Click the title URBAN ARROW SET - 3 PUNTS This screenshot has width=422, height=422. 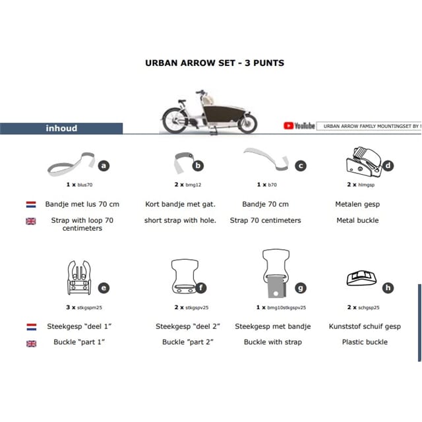tap(214, 63)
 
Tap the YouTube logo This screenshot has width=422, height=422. tap(299, 125)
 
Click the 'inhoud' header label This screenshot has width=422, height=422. tap(61, 128)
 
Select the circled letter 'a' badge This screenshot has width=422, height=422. tap(104, 166)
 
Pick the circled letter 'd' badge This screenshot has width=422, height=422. tap(388, 166)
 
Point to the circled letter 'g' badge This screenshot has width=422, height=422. tap(300, 287)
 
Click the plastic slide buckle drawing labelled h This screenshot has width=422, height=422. tap(362, 280)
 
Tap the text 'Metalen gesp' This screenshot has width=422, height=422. tap(357, 204)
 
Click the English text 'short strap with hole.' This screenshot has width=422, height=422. tap(180, 220)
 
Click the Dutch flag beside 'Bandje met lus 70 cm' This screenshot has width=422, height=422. tap(31, 204)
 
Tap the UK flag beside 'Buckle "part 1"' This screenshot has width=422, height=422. tap(31, 343)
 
